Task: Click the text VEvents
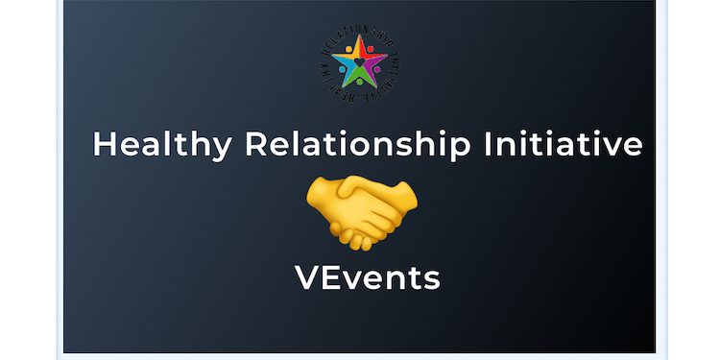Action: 368,276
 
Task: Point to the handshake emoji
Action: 361,207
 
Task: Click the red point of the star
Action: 374,57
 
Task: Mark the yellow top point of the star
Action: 359,44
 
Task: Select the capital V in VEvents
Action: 308,276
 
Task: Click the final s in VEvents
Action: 432,279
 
